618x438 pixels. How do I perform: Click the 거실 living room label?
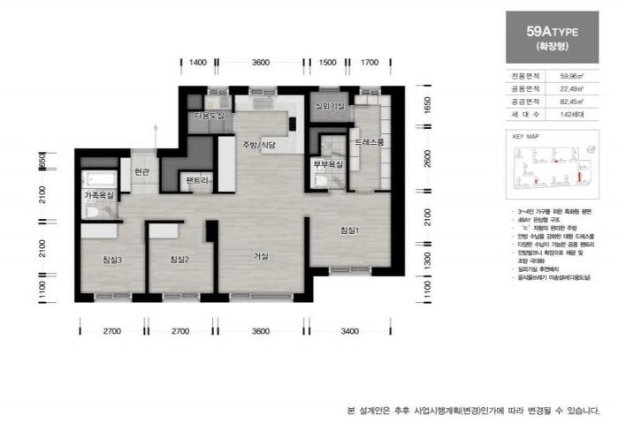click(261, 256)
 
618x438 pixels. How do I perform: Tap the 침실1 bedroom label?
click(350, 230)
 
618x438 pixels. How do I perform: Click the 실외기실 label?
click(329, 107)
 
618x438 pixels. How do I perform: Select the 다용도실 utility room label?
click(209, 116)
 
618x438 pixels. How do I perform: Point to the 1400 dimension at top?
click(198, 63)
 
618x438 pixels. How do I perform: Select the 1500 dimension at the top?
click(327, 63)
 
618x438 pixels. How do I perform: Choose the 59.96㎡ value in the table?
click(568, 77)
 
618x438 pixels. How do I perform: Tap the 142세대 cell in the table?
click(568, 116)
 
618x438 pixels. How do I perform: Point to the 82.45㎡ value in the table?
click(568, 102)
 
